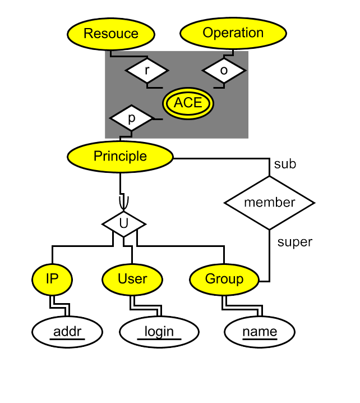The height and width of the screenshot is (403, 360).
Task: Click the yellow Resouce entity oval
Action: pos(111,34)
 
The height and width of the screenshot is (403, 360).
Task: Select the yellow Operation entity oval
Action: pos(233,33)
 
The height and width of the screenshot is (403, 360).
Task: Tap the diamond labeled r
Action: pos(146,71)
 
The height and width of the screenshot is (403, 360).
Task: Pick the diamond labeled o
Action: pos(224,71)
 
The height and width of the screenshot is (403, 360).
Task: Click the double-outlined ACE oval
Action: pos(188,103)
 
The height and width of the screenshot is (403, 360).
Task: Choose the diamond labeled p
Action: pos(131,119)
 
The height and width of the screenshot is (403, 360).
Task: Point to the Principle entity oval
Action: pos(120,157)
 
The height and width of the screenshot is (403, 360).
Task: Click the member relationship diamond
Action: pos(269,203)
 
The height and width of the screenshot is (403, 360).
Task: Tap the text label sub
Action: pos(285,164)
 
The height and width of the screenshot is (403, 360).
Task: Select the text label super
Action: pos(295,242)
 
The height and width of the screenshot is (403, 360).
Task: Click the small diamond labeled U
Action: pos(124,223)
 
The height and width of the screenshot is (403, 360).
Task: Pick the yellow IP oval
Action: pos(52,279)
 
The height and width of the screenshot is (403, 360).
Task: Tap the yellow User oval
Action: pos(132,279)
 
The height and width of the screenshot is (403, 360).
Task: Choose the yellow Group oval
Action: pos(224,279)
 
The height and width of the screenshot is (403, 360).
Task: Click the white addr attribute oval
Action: pos(67,332)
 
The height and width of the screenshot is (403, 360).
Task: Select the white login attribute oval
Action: pos(159,332)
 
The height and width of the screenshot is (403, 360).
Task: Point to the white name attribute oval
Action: pos(260,332)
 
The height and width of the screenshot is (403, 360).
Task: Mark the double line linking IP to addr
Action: pos(60,306)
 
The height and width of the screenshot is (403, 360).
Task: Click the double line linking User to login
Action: pos(147,308)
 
